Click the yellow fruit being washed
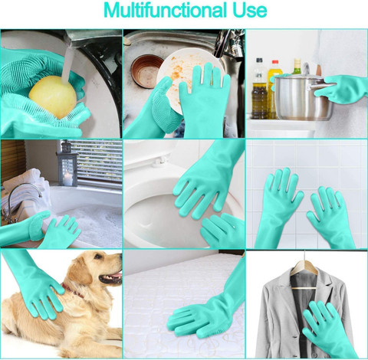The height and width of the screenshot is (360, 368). point(52,97)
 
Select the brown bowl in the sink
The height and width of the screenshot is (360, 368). point(147,71)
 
